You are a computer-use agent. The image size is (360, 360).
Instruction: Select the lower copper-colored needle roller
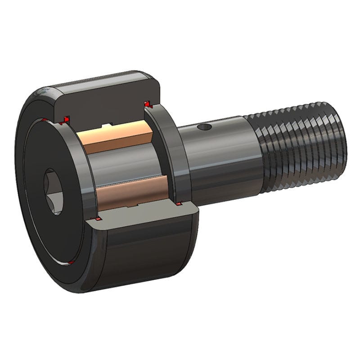tap(130, 191)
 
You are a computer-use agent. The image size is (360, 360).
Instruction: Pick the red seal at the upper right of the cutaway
tap(147, 104)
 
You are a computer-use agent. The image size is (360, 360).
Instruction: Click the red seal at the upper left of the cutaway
tap(66, 119)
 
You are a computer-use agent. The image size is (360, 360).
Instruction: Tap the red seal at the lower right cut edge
tap(179, 205)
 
